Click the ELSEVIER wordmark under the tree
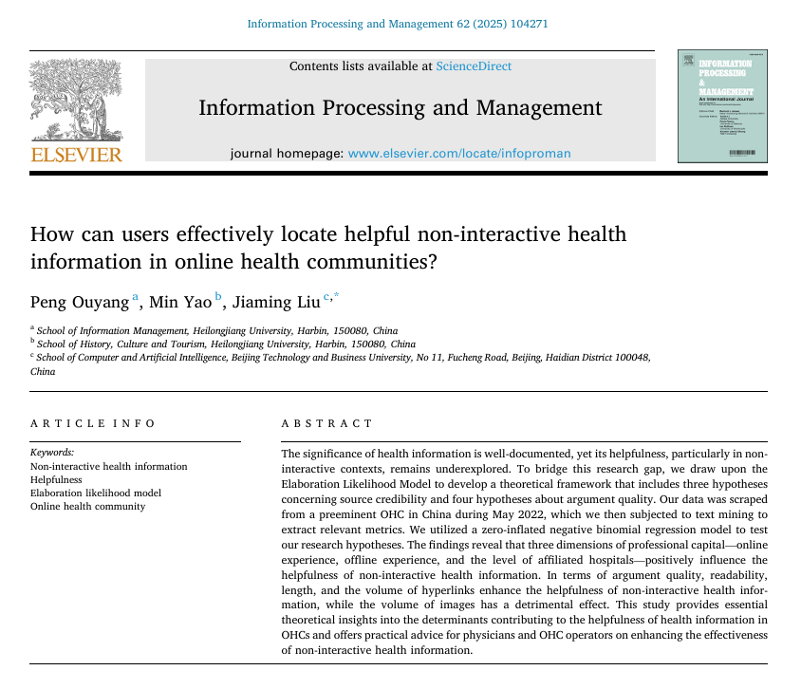click(77, 154)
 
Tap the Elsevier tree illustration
click(77, 101)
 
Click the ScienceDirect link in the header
click(474, 66)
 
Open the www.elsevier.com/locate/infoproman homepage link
click(459, 153)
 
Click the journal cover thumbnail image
click(723, 106)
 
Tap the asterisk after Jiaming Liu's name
click(334, 297)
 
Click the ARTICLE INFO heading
click(93, 423)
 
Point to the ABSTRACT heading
click(327, 423)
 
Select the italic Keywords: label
click(52, 453)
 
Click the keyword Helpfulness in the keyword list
click(56, 479)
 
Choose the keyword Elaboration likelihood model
click(96, 493)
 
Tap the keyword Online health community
click(88, 506)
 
